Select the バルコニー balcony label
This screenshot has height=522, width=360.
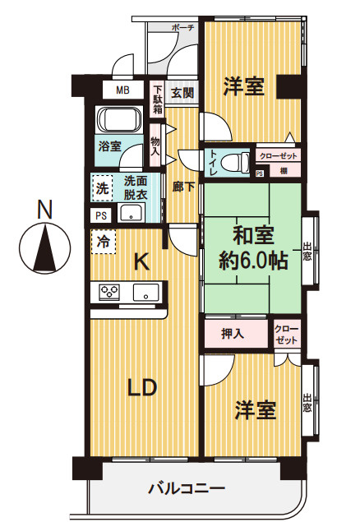[186, 489]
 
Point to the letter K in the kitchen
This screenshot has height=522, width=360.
[141, 262]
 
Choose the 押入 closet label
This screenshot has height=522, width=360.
[233, 333]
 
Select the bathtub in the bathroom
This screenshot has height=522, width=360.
[121, 121]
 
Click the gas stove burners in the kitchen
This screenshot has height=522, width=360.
[110, 290]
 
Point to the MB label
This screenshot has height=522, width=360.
[122, 90]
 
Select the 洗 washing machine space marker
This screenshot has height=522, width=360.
[102, 187]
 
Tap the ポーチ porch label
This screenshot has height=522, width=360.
[182, 27]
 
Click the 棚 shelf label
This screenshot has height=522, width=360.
[283, 171]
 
